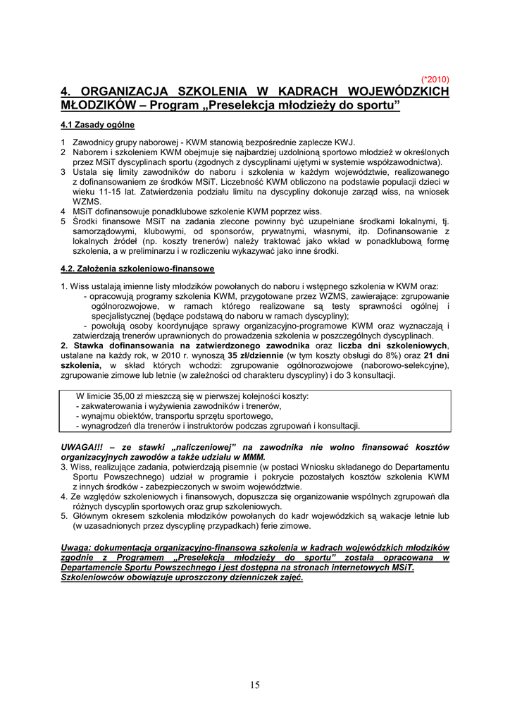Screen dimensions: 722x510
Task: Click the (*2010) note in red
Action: (435, 79)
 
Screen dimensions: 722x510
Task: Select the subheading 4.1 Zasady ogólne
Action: (97, 125)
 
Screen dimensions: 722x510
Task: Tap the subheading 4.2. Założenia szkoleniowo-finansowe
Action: (137, 269)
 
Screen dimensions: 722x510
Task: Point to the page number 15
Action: (254, 685)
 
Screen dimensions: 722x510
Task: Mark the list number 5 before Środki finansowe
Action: (63, 221)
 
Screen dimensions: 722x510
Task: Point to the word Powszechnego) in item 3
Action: (123, 477)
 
